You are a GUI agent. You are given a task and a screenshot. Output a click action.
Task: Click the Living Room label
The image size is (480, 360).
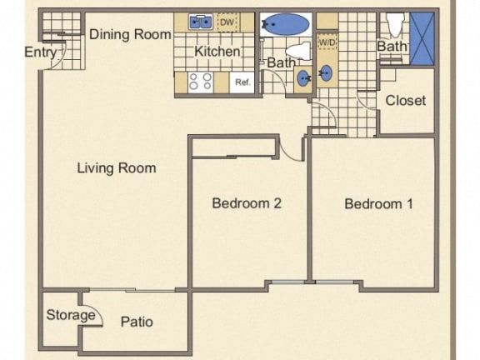click(x=117, y=168)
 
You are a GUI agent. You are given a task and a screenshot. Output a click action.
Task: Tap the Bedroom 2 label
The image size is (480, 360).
click(x=247, y=203)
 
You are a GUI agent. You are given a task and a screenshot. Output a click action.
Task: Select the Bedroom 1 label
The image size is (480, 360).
click(x=378, y=204)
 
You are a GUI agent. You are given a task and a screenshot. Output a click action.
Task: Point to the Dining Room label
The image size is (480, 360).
click(x=130, y=34)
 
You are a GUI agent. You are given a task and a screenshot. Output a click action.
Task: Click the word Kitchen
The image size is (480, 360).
click(x=217, y=51)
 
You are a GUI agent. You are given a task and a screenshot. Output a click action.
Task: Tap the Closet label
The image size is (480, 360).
click(x=405, y=100)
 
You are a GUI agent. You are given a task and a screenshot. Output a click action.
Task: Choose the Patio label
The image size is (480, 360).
click(x=137, y=322)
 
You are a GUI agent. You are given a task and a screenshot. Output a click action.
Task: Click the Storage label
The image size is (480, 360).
click(x=71, y=315)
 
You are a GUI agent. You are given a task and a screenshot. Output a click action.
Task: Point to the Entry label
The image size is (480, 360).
click(x=41, y=52)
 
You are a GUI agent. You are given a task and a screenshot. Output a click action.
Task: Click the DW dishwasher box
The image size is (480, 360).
click(x=227, y=22)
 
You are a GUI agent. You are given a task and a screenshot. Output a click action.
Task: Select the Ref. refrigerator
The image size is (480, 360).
click(x=242, y=82)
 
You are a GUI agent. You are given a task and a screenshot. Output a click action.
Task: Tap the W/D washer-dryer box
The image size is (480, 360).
click(x=327, y=42)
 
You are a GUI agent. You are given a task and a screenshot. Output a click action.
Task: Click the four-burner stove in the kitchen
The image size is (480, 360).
click(x=201, y=82)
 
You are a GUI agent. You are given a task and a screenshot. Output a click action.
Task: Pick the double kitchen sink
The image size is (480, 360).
click(x=201, y=22)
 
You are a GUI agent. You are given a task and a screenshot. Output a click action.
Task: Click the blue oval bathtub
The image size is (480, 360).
click(x=287, y=24)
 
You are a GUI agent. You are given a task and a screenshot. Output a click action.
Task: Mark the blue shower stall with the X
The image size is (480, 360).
click(x=422, y=38)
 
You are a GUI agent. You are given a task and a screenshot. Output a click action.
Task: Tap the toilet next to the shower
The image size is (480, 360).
click(x=395, y=24)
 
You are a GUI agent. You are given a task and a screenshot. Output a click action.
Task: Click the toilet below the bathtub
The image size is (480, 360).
click(x=299, y=51)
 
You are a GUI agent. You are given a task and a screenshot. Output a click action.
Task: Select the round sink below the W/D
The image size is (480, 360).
click(x=327, y=73)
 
